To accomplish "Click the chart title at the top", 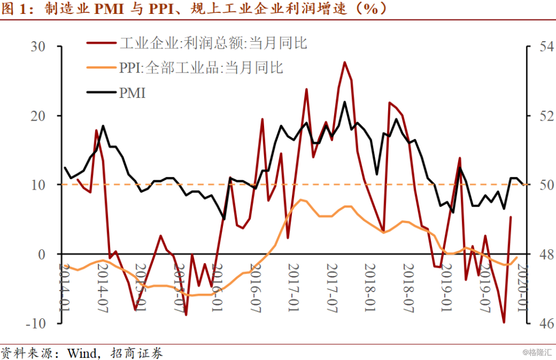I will tap(195, 9).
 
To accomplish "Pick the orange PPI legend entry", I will tap(201, 68).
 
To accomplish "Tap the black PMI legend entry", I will tap(132, 93).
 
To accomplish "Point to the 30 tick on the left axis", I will tap(37, 47).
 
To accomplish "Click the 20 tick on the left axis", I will tap(37, 116).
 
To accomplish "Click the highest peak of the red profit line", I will tap(344, 62).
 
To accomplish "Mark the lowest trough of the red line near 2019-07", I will tap(504, 322).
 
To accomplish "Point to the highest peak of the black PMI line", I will tap(344, 102).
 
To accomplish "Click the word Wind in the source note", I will tap(83, 353).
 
